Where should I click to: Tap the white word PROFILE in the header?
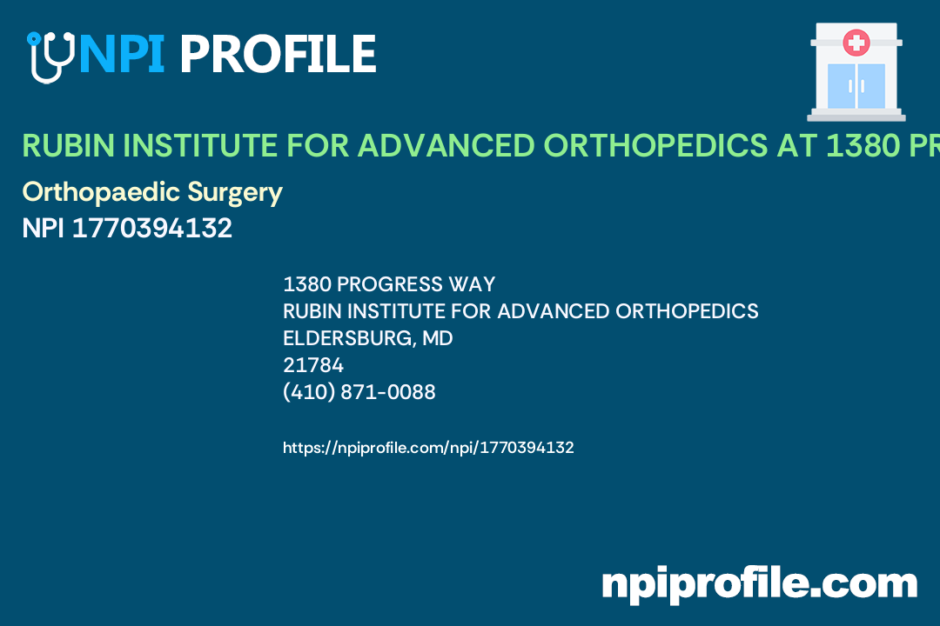pyautogui.click(x=278, y=54)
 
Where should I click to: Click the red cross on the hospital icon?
pyautogui.click(x=856, y=42)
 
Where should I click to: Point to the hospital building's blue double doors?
pyautogui.click(x=856, y=85)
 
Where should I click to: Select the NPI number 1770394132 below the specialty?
pyautogui.click(x=151, y=228)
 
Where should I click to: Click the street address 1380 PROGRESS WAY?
pyautogui.click(x=389, y=284)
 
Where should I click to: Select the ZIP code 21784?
pyautogui.click(x=313, y=365)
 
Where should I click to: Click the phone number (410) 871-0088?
pyautogui.click(x=359, y=392)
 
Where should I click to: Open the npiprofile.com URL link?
pyautogui.click(x=428, y=448)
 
